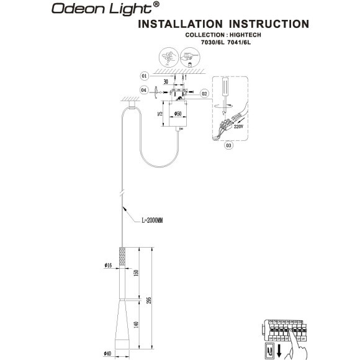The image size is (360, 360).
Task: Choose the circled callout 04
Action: click(x=143, y=91)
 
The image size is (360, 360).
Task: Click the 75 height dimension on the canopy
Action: click(x=160, y=115)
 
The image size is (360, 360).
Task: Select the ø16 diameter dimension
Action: click(x=108, y=266)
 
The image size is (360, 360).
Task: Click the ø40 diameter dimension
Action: click(x=108, y=354)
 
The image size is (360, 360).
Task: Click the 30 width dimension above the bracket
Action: click(x=166, y=81)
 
